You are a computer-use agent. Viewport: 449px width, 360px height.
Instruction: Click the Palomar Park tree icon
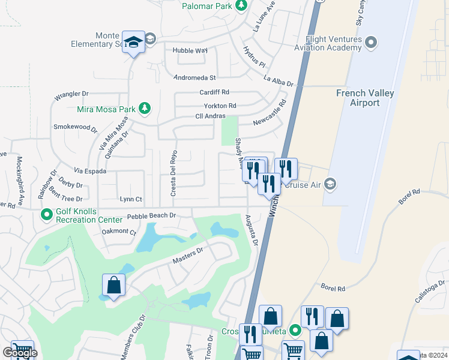click(x=241, y=5)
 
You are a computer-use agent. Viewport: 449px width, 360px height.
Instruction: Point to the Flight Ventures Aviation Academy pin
click(x=371, y=42)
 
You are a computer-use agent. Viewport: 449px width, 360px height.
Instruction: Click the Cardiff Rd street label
click(x=214, y=92)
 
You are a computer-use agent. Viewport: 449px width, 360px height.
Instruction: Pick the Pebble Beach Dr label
click(x=151, y=215)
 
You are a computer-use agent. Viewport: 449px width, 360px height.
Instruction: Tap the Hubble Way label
click(x=189, y=51)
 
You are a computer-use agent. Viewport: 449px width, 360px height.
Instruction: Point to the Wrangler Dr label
click(x=71, y=94)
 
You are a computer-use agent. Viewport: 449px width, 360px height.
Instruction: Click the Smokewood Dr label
click(x=75, y=127)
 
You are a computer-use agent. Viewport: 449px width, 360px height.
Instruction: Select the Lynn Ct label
click(x=131, y=199)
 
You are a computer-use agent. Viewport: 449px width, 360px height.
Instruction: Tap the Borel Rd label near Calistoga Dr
click(x=333, y=289)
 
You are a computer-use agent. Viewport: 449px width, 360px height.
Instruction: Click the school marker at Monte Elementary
click(x=134, y=42)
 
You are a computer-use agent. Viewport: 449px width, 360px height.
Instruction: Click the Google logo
click(x=19, y=353)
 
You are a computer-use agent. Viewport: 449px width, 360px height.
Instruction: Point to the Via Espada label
click(x=90, y=171)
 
